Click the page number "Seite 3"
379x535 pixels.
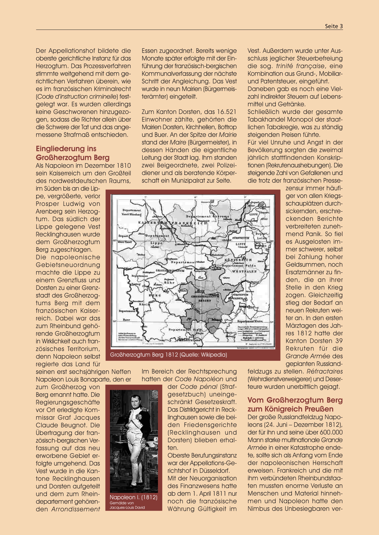[334, 26]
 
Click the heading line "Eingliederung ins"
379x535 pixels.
[66, 149]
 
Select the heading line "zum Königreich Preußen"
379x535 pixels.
[290, 409]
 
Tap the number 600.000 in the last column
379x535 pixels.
[331, 432]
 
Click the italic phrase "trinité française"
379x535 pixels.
[300, 66]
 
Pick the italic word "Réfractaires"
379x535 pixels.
[325, 372]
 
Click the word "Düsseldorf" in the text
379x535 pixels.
[213, 471]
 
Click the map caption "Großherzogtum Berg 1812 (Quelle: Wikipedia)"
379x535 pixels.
[168, 355]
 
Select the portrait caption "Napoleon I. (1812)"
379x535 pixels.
[134, 497]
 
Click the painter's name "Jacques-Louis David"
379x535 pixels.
[127, 508]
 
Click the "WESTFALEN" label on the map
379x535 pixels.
[244, 271]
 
